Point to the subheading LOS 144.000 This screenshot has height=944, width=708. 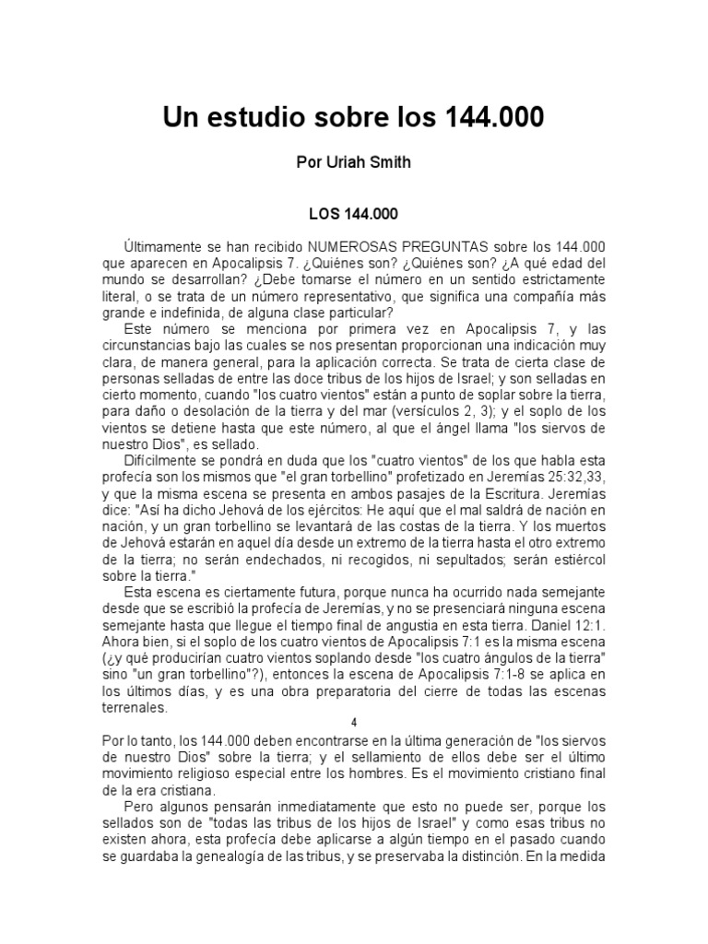(x=354, y=214)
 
